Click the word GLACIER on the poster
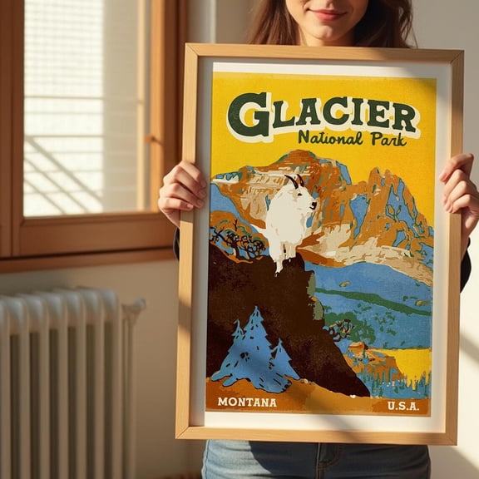[322, 115]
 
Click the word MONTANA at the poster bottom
[246, 402]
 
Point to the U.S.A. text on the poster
[402, 406]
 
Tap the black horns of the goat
[294, 180]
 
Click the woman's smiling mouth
[327, 15]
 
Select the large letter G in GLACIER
[248, 114]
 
